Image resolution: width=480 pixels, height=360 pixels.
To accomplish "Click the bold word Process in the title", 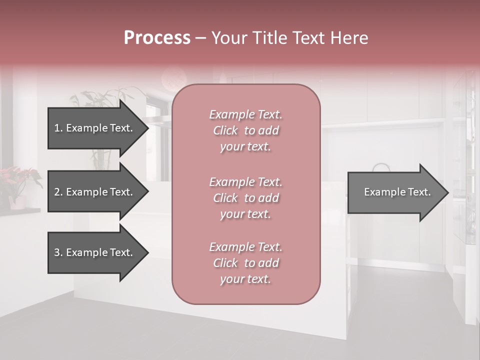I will click(x=157, y=38).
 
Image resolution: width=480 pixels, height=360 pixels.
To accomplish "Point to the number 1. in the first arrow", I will click(x=58, y=128).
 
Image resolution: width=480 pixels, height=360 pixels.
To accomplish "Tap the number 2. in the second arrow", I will click(x=58, y=192).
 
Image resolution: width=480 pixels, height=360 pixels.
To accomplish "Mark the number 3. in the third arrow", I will click(x=58, y=253).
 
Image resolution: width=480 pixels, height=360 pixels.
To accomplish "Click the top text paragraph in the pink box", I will click(x=245, y=130).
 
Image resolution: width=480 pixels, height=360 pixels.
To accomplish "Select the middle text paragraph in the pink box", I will click(x=245, y=198).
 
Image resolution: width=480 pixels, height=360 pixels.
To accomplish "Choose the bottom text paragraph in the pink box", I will click(x=245, y=263).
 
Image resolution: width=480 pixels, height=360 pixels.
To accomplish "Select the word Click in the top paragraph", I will click(x=225, y=130).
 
